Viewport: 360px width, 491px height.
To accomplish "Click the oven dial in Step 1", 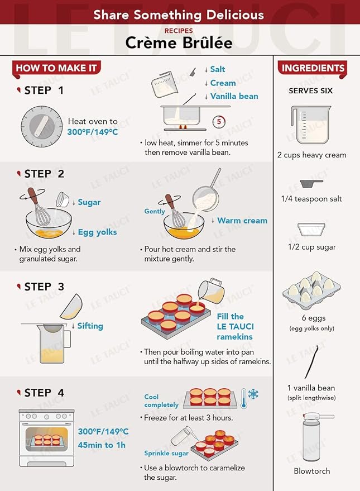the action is (x=42, y=126).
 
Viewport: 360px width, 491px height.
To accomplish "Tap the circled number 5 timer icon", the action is (x=219, y=122).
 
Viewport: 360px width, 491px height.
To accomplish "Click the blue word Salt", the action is (x=217, y=69).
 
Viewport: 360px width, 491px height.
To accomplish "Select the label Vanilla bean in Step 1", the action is (x=234, y=96).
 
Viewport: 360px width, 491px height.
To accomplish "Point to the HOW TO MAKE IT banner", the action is (x=56, y=68).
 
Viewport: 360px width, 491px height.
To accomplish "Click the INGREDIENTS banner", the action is (x=313, y=68).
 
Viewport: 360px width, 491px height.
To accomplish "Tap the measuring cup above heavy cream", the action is (x=311, y=125).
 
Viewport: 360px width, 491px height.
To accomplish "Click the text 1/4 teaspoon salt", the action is (x=311, y=199).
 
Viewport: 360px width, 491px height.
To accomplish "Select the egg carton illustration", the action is (x=311, y=290).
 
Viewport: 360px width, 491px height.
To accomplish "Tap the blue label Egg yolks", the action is (x=97, y=232).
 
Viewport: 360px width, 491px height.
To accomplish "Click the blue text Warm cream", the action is (x=242, y=221).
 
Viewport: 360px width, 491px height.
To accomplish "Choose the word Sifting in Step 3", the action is (x=90, y=326).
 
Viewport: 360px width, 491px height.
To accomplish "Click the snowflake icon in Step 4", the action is (x=253, y=394).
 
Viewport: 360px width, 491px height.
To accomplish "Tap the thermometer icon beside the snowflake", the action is (x=244, y=398).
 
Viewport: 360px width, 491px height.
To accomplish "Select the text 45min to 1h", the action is (x=102, y=445).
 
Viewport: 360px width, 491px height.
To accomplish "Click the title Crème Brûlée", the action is (x=179, y=43).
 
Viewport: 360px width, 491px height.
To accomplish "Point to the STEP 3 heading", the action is (x=44, y=287).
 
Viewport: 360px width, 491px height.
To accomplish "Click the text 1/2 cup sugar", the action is (x=312, y=247).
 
